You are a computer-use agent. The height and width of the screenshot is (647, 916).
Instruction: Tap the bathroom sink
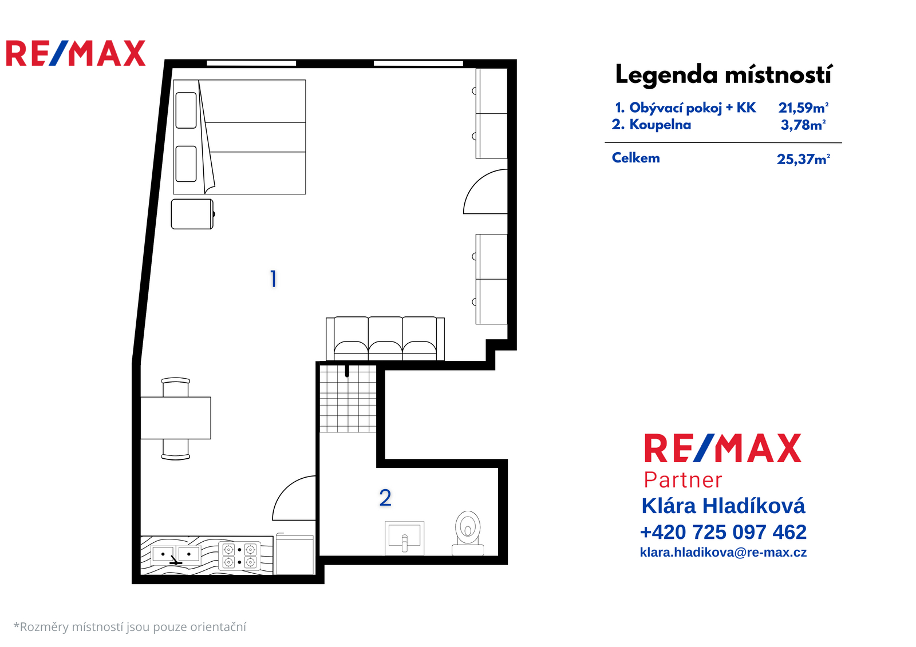(x=404, y=538)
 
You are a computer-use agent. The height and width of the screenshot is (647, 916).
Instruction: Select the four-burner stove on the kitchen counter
(x=239, y=555)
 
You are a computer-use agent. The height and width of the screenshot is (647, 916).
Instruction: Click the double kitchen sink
(x=176, y=555)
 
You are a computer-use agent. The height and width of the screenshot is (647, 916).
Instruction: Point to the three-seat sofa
(x=385, y=339)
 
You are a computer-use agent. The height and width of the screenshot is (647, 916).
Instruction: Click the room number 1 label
(x=274, y=279)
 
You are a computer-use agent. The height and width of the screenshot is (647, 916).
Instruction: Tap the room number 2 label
(x=385, y=498)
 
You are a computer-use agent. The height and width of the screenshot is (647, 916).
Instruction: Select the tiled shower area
(x=348, y=399)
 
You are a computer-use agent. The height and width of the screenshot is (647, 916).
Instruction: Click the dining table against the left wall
(x=176, y=418)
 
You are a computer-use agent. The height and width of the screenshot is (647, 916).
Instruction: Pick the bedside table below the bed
(x=192, y=214)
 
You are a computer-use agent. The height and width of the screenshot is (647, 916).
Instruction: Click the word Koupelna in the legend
(x=660, y=124)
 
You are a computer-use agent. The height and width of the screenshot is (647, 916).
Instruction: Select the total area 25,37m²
(x=803, y=158)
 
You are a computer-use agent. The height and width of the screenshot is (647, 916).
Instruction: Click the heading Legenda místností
(x=724, y=74)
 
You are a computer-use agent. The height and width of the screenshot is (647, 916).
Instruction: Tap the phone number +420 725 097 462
(x=723, y=532)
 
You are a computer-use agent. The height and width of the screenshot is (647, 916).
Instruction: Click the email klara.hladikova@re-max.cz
(x=723, y=552)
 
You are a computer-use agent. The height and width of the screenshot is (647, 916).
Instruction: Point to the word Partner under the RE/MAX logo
(x=683, y=480)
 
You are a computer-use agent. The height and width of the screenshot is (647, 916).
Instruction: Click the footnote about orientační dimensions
(x=129, y=626)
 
